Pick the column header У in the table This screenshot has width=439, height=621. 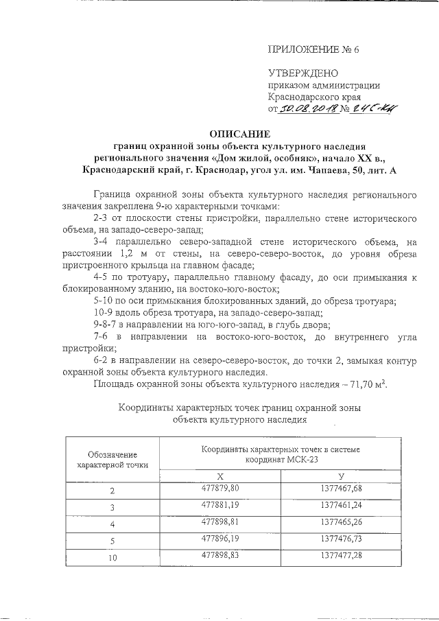tap(341, 476)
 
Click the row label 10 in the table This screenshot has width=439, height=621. tap(113, 558)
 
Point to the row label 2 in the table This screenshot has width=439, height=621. tap(113, 491)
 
